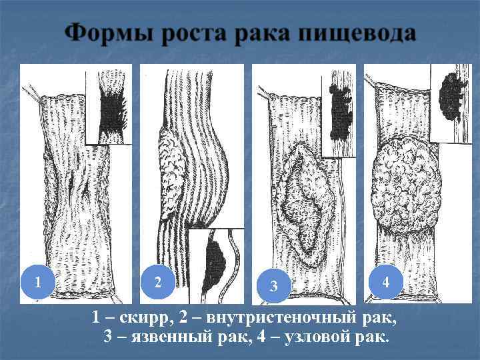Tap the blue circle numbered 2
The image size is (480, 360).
click(x=157, y=281)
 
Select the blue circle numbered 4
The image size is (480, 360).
click(x=385, y=281)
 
